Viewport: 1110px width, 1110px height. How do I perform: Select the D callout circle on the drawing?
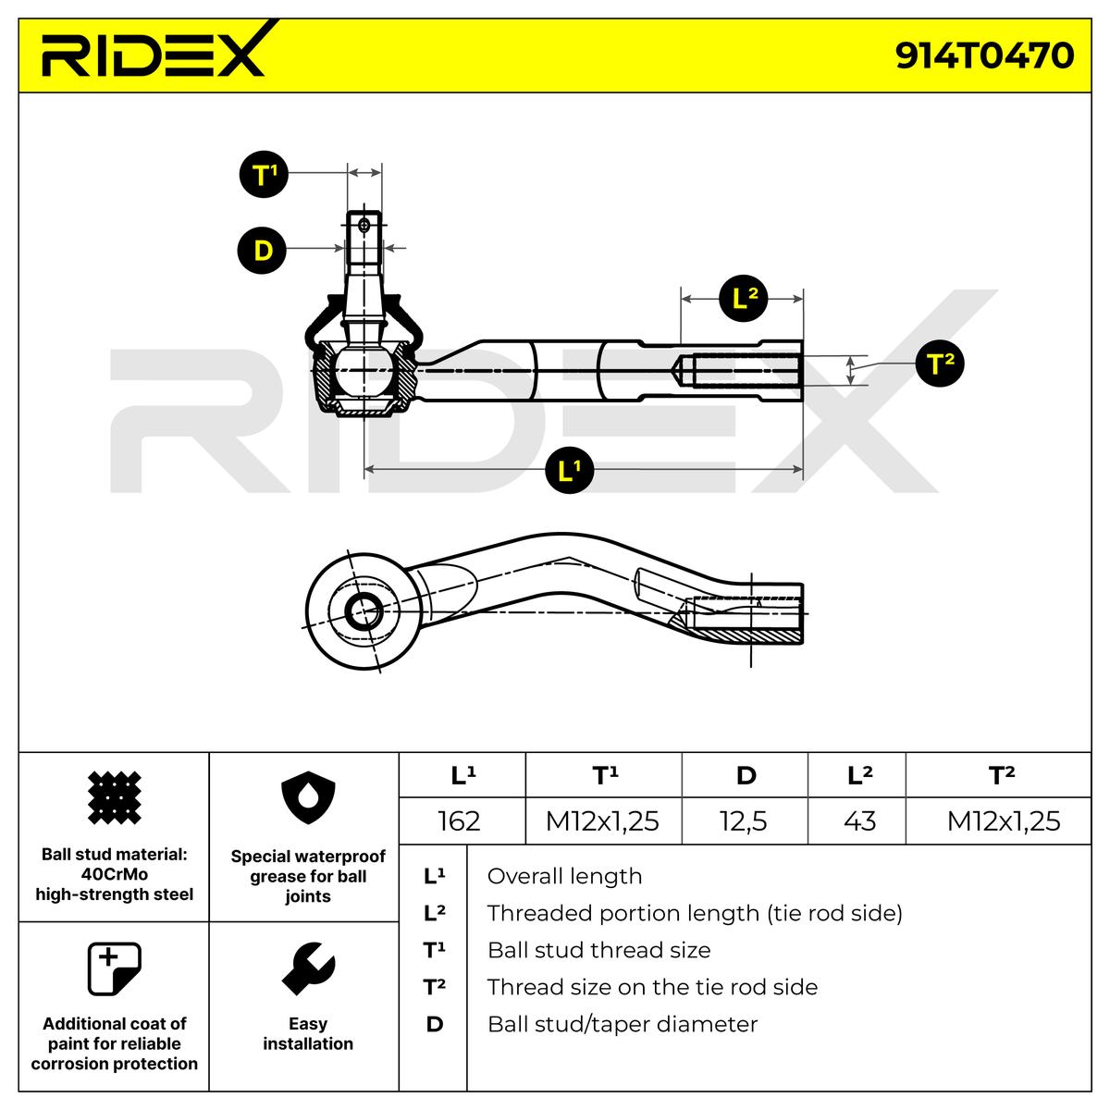(263, 250)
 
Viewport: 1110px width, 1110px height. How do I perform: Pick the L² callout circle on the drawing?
(744, 298)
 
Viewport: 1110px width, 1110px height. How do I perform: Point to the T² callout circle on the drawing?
(939, 364)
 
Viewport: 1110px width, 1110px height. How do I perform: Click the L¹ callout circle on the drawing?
(568, 471)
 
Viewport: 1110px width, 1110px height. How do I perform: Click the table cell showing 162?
(459, 820)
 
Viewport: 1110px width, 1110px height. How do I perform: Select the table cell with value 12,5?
(744, 820)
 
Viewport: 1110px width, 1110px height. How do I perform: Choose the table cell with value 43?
(859, 820)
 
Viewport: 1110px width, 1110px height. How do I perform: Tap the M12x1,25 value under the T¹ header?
(602, 820)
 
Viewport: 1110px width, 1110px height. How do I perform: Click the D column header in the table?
(746, 775)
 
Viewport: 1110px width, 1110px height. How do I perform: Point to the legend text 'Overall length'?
(564, 876)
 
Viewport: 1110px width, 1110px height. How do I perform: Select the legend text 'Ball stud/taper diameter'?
(622, 1024)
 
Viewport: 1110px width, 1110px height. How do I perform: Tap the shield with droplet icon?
(307, 798)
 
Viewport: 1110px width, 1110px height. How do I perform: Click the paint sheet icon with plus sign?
(113, 968)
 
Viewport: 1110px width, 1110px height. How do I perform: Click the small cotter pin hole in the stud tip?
(364, 224)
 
